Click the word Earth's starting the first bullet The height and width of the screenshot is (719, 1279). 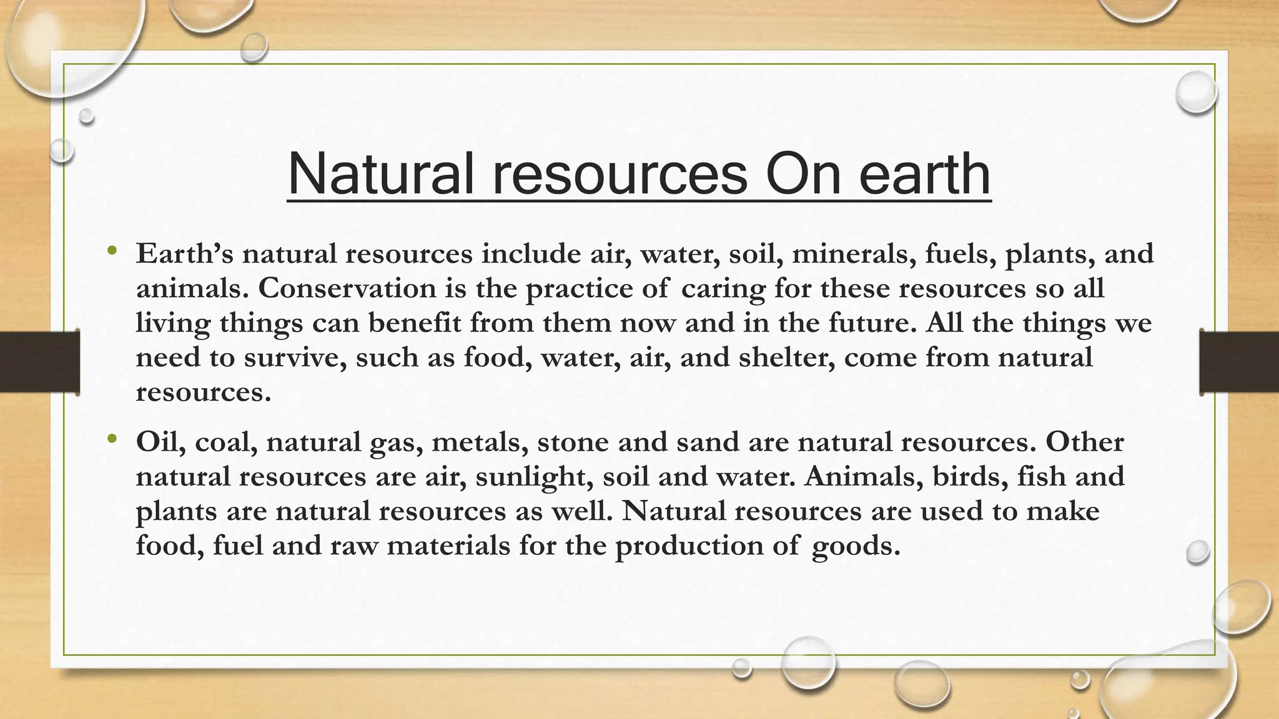click(x=184, y=254)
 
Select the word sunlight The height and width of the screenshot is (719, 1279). click(x=534, y=477)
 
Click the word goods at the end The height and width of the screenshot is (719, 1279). click(x=855, y=546)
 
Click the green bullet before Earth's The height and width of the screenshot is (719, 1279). click(x=112, y=252)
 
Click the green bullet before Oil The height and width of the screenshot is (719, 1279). click(x=112, y=439)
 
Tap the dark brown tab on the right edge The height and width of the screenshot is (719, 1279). click(x=1239, y=362)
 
